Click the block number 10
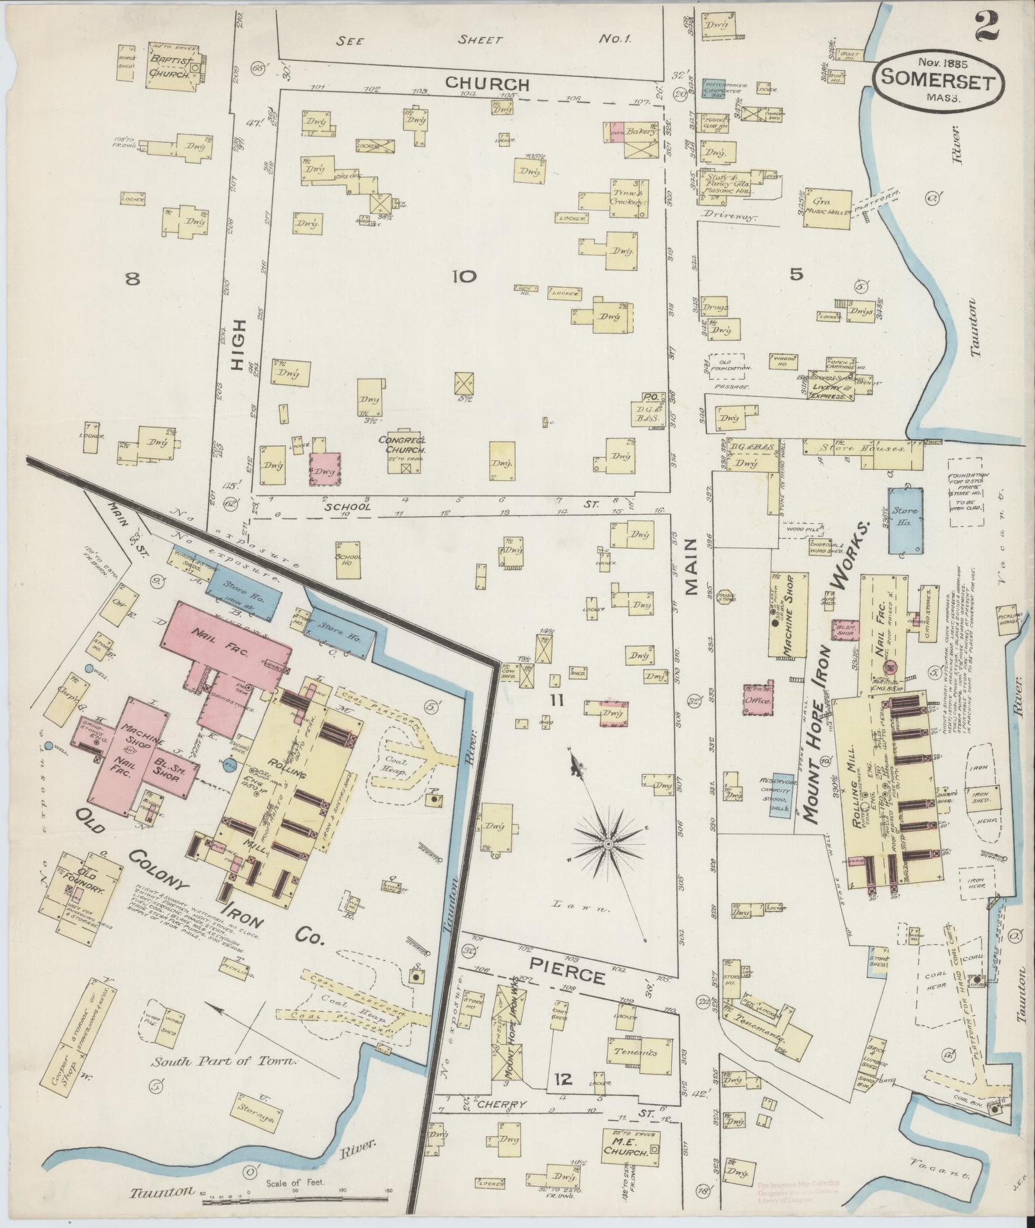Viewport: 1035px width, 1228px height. [464, 277]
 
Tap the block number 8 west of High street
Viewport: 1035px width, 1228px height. [132, 279]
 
